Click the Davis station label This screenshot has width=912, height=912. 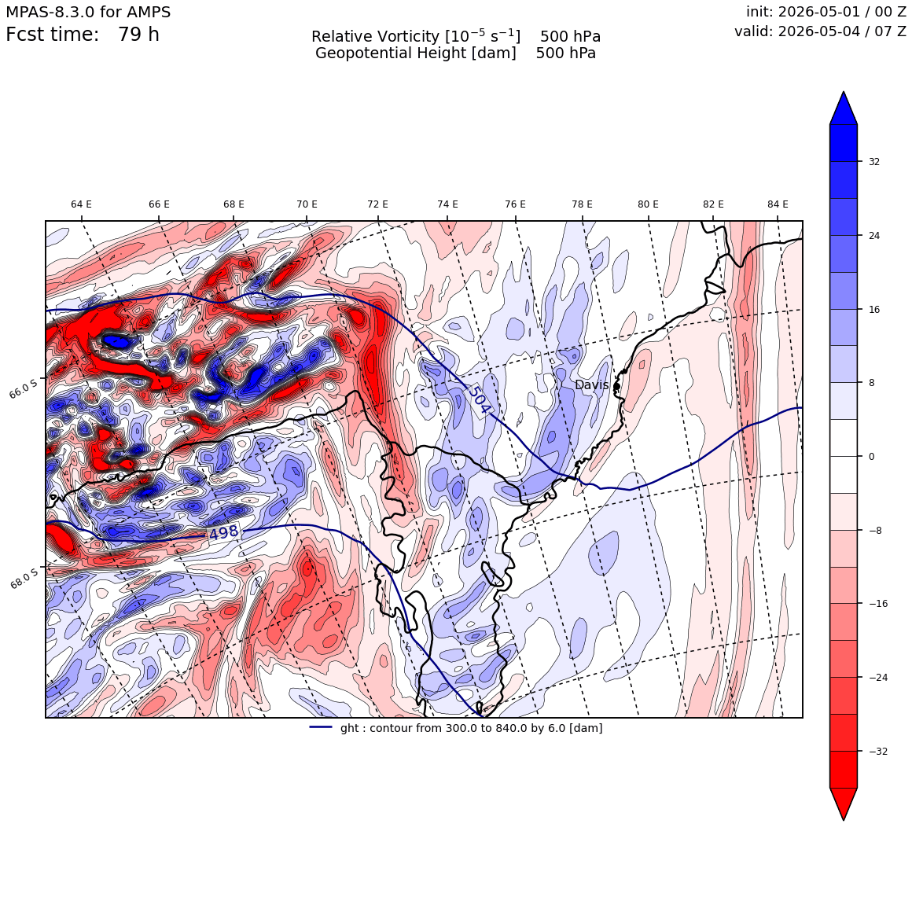click(591, 385)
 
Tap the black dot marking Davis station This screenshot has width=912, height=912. click(616, 386)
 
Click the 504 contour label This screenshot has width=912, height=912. click(480, 399)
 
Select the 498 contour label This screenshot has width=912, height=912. click(224, 532)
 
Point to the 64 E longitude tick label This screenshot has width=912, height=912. click(82, 204)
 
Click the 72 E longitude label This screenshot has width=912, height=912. click(377, 204)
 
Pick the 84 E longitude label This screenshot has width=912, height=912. click(778, 204)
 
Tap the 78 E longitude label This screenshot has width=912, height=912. click(583, 204)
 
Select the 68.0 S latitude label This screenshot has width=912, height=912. click(24, 579)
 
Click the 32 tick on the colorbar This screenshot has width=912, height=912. click(874, 162)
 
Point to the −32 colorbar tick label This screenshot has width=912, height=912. click(878, 752)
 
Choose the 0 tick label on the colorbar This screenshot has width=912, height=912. click(871, 457)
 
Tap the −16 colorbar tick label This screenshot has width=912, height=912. click(878, 604)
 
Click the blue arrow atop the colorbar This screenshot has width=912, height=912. click(844, 108)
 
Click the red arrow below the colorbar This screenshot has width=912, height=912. click(844, 804)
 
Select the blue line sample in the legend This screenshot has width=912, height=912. click(321, 727)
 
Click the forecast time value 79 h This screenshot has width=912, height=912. click(138, 35)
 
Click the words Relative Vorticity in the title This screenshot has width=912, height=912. click(375, 37)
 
